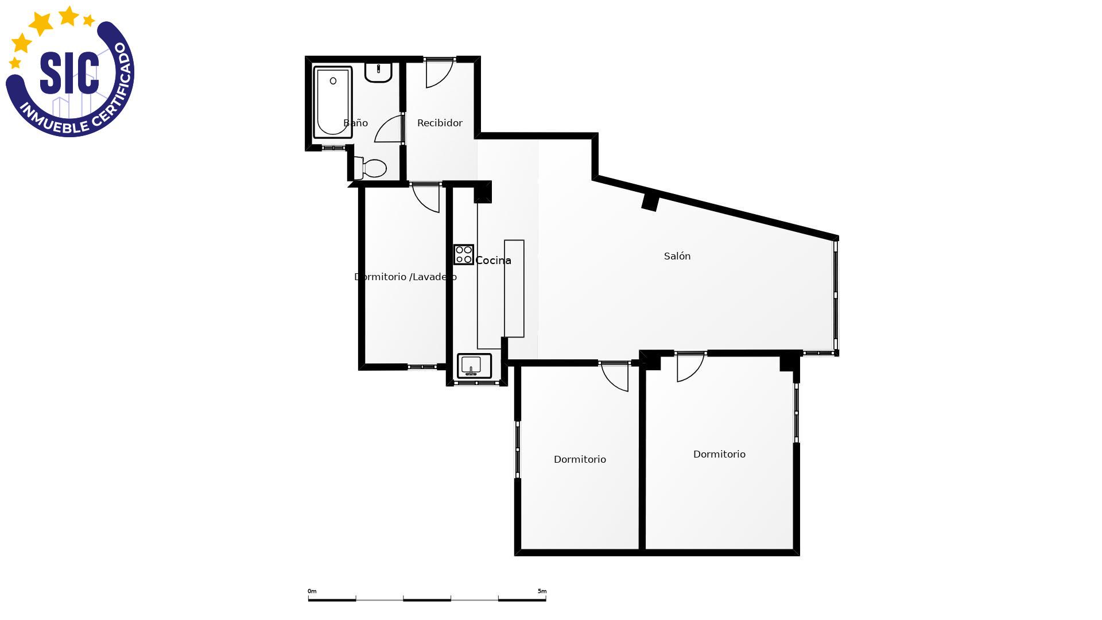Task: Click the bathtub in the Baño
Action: [332, 103]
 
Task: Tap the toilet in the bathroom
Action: [370, 168]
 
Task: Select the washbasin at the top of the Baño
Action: [378, 72]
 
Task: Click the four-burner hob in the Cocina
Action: [464, 254]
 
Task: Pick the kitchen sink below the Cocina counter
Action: [474, 366]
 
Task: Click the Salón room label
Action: [677, 256]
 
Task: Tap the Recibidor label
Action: [440, 123]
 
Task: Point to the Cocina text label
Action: [493, 261]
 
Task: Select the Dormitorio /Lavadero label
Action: [405, 277]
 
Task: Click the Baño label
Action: [355, 123]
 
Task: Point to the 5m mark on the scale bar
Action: [542, 591]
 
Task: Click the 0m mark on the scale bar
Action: [312, 591]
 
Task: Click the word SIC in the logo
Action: [69, 73]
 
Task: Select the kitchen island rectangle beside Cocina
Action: [514, 288]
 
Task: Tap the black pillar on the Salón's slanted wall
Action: [650, 203]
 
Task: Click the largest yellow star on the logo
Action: [41, 24]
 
